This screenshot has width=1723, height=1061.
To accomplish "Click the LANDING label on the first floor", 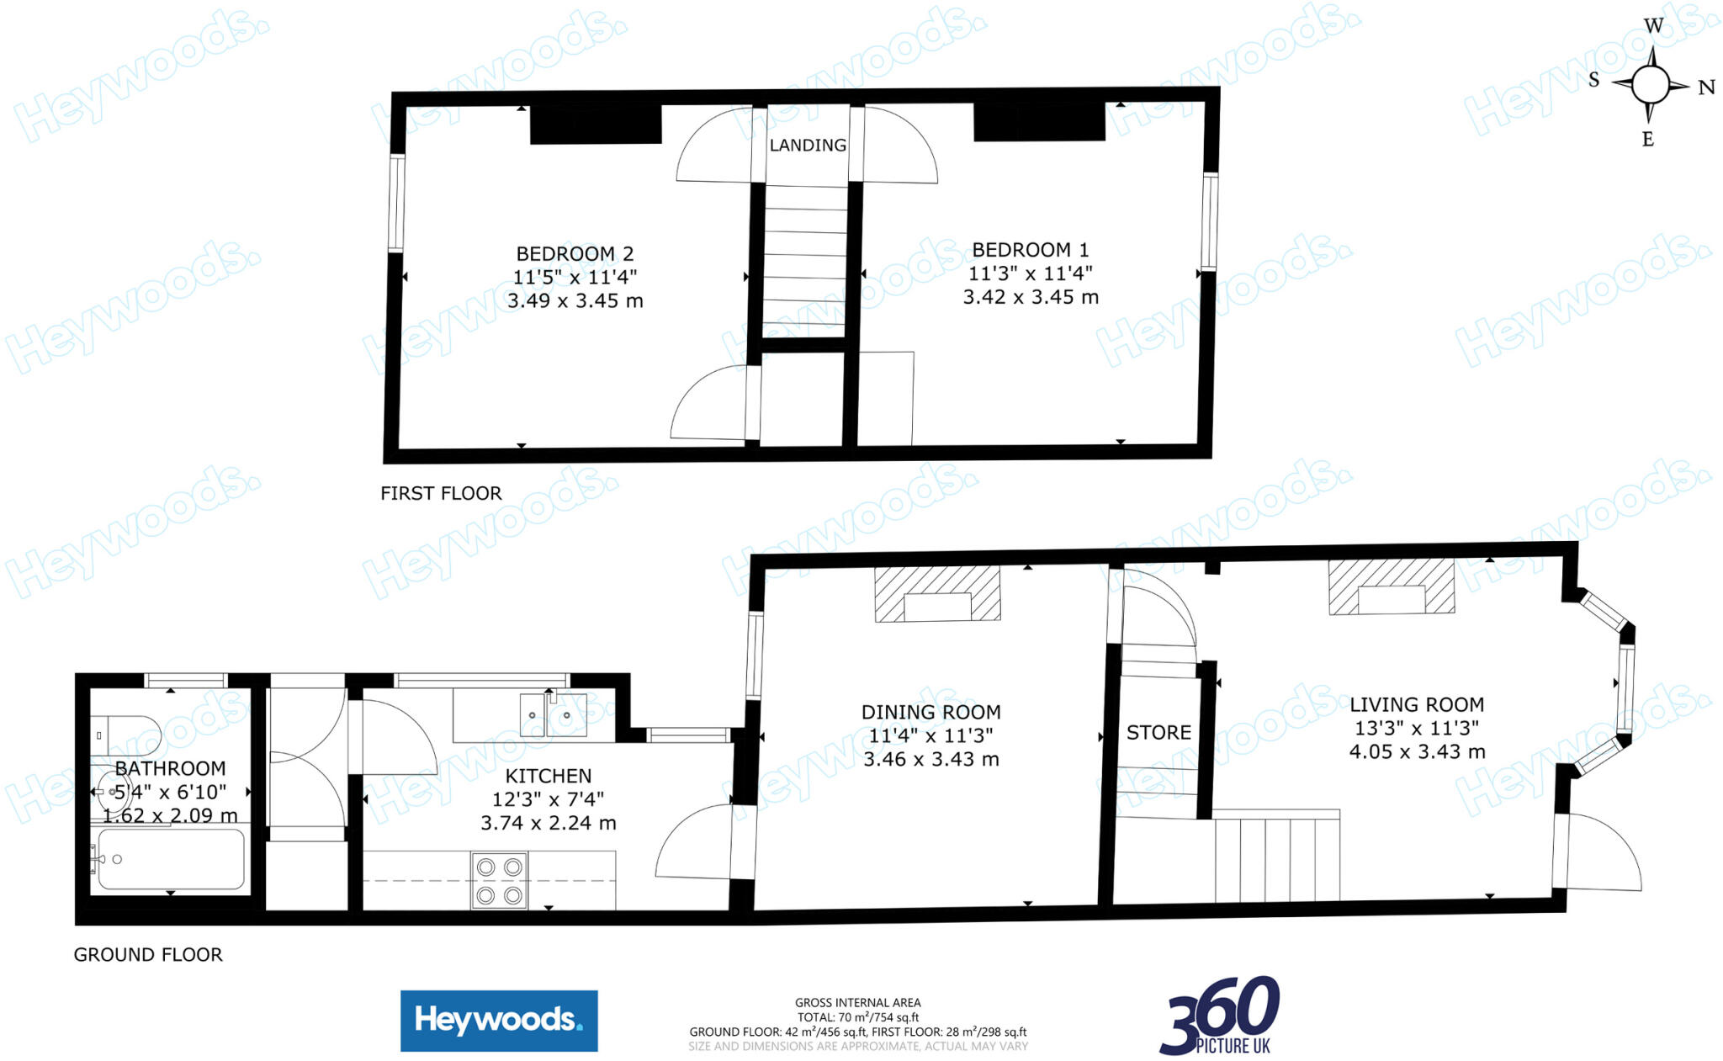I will pos(808,145).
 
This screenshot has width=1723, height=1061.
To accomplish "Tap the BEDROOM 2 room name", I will pos(575,253).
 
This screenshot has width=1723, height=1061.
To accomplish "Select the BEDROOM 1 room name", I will pos(1031,250).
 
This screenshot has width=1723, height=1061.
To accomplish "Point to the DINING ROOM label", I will pos(930,712).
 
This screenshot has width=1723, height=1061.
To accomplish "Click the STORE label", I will pos(1158,732).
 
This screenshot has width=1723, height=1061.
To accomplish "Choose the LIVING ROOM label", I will pos(1417,704).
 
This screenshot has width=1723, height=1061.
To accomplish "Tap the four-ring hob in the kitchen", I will pos(499,881).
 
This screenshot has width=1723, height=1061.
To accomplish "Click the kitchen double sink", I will pos(553,714).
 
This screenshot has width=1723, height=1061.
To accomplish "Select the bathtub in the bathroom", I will pos(171,859).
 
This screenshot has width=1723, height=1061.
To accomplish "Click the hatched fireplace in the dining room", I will pos(937,594).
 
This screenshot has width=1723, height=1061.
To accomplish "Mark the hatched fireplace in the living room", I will pos(1391,587).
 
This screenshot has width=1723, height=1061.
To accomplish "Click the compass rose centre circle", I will pos(1650,84).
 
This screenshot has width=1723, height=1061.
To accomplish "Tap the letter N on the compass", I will pos(1706,88).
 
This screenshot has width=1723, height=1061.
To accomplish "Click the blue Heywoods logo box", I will pos(499,1021).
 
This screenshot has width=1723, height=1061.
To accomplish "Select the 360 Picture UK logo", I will pos(1220,1016).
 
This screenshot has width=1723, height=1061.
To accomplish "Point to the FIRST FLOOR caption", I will pos(441,493).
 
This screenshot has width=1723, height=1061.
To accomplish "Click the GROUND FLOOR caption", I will pos(148,954).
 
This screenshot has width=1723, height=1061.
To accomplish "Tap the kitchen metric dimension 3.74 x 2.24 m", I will pos(549,823).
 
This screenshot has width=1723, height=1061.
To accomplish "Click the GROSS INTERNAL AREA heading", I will pos(857,1002).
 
